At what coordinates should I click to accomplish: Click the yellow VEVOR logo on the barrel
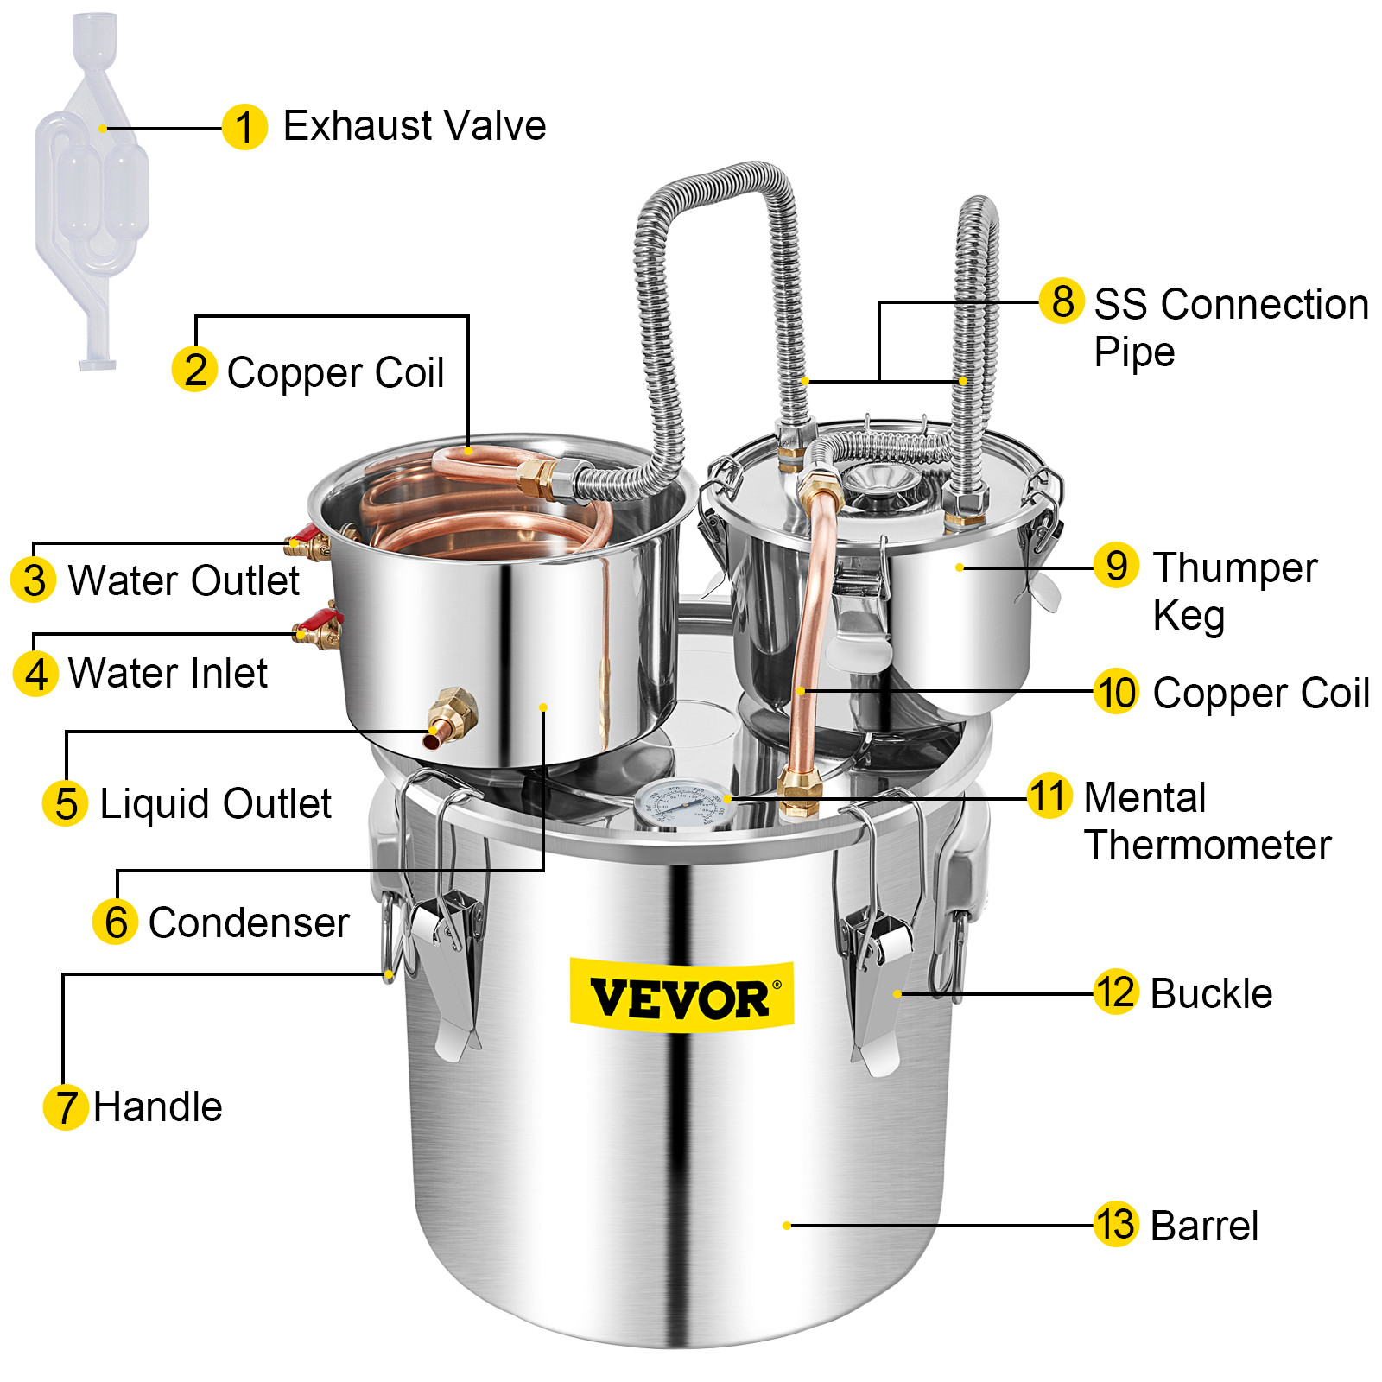click(681, 998)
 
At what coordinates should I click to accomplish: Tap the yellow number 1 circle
click(244, 127)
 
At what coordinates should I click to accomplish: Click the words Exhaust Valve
click(414, 126)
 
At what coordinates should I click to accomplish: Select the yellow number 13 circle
click(1115, 1224)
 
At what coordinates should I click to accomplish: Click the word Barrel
click(1204, 1226)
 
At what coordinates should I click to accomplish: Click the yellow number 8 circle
click(1062, 301)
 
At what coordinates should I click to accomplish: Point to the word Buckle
click(1211, 993)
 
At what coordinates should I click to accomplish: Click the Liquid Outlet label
click(215, 803)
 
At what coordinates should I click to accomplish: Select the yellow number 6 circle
click(116, 921)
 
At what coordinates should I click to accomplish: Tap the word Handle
click(157, 1106)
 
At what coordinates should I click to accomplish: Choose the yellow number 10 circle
click(1116, 692)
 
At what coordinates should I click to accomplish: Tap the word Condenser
click(249, 922)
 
